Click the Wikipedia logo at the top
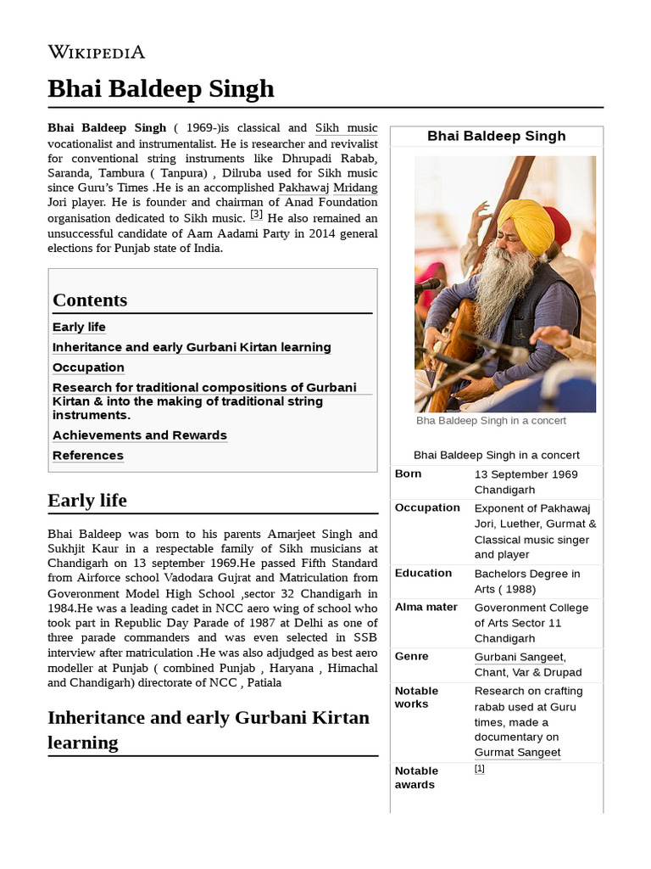pos(96,52)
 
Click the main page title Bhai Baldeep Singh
pos(161,88)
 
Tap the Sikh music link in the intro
pos(346,128)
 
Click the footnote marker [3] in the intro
pos(256,214)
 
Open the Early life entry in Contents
pos(79,327)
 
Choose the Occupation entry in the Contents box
pos(88,367)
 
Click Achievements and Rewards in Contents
pos(140,435)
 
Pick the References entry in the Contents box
pos(88,456)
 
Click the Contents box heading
pos(90,300)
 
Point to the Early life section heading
pos(87,501)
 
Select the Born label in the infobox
pos(408,474)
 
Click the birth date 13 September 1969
pos(526,474)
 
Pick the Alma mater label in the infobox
pos(426,607)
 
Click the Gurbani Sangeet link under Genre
pos(519,657)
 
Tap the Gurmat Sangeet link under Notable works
pos(517,752)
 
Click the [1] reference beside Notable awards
pos(479,769)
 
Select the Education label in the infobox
pos(423,573)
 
